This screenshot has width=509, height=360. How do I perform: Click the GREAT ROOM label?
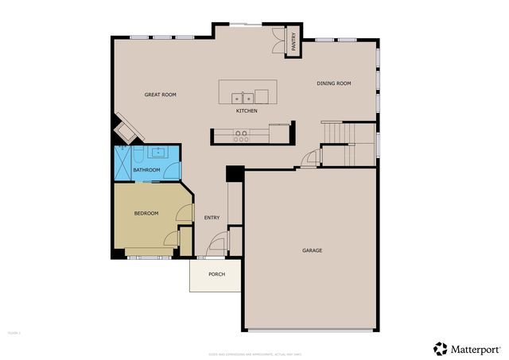coord(160,95)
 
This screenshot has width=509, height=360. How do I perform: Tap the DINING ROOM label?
coord(334,83)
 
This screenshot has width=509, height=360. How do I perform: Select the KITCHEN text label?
coord(247,111)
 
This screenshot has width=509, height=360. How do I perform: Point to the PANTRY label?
coord(293,41)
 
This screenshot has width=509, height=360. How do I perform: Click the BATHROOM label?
coord(146,170)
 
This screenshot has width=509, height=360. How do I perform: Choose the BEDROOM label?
coord(146,213)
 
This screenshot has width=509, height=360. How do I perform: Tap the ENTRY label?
coord(212,218)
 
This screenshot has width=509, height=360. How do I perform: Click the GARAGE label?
coord(312,250)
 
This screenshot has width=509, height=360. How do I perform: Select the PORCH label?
coord(216,274)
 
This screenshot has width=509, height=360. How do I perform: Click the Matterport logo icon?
coord(440,348)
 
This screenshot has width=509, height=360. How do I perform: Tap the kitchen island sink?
coord(243,99)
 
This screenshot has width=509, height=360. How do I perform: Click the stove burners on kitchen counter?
coord(241,137)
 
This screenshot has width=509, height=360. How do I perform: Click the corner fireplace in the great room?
coord(125,127)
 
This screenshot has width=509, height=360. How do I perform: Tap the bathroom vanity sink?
coord(157,151)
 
